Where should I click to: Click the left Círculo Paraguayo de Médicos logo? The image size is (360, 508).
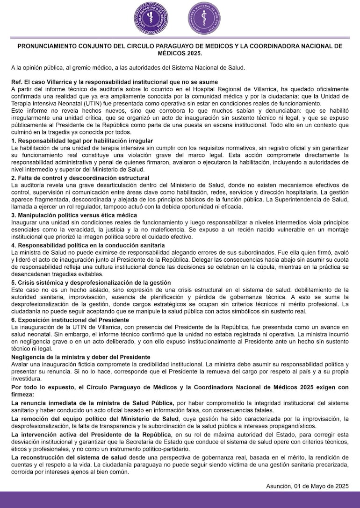pos(151,19)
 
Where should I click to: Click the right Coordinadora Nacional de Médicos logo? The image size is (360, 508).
pos(205,19)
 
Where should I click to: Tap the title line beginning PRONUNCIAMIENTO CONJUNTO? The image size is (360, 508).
pos(180,46)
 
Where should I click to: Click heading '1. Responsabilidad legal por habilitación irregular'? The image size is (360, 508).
pos(82,141)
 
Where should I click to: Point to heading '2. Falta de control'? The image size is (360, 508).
pos(80,178)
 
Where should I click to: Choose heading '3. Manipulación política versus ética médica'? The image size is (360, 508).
pos(74,215)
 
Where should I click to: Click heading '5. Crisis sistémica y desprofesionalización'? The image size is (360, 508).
pos(91,283)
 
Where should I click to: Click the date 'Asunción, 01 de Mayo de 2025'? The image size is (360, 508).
pos(307,486)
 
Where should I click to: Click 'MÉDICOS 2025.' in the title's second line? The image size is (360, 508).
pos(180,53)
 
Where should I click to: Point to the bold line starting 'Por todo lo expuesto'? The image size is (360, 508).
pos(180,387)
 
